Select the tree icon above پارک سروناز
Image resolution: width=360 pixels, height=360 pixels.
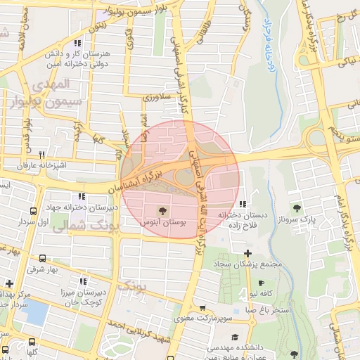pos(297,207)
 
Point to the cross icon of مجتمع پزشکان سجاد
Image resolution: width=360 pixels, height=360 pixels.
pos(247,253)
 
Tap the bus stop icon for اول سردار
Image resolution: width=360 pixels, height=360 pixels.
pos(33,211)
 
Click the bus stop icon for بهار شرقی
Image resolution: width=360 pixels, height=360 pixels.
pos(44,258)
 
